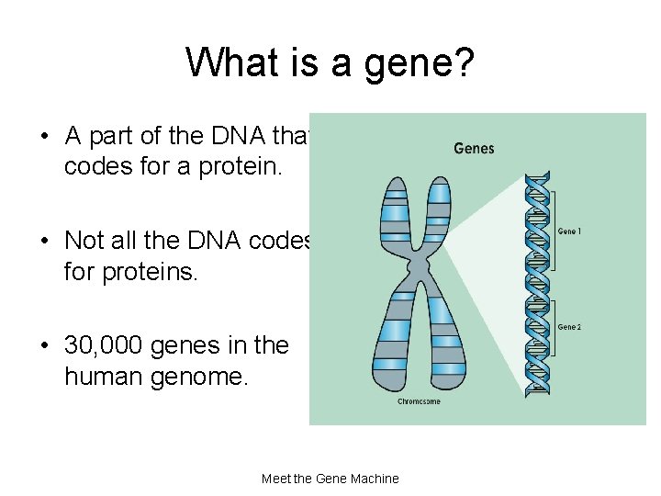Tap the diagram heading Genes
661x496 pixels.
tap(474, 148)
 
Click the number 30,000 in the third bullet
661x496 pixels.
tap(103, 345)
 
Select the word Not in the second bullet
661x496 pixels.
tap(83, 241)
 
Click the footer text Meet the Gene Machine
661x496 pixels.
tap(330, 479)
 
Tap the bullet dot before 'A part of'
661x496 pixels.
tap(44, 137)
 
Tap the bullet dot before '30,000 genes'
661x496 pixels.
tap(44, 346)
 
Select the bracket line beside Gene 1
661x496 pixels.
tap(553, 232)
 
